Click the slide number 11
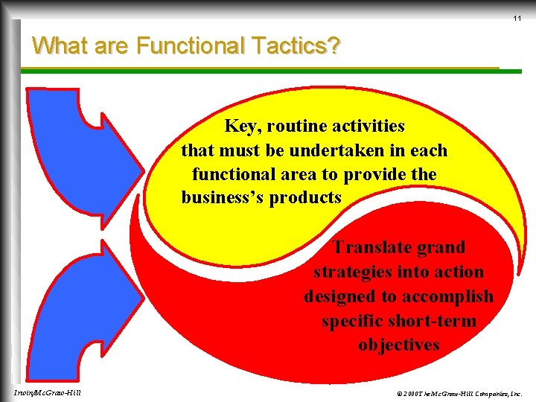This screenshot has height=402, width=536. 517,18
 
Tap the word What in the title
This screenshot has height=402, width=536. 57,46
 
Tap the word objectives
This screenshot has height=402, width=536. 398,345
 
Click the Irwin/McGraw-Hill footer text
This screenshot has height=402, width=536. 48,392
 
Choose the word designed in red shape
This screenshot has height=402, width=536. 339,296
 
